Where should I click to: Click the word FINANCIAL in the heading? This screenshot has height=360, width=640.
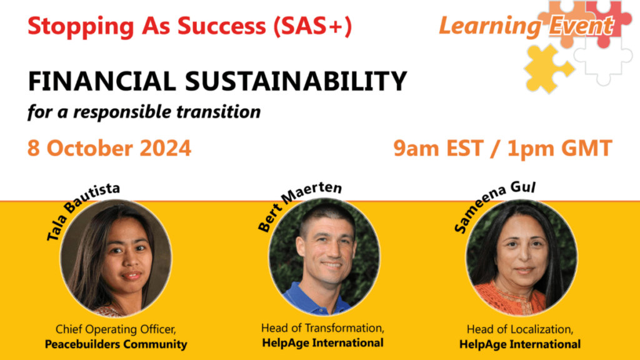point(102,81)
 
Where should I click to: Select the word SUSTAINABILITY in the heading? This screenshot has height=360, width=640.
point(296,81)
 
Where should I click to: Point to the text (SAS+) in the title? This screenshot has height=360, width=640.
point(313,26)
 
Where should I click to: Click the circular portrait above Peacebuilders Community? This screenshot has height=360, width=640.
point(116,258)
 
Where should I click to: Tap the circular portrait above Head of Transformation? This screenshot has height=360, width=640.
point(324,257)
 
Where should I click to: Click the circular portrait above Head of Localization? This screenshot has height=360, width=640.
point(522,258)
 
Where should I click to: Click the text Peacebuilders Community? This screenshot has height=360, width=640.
point(116,344)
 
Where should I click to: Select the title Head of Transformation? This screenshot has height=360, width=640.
point(322,327)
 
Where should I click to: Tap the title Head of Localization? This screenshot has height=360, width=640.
point(520,329)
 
